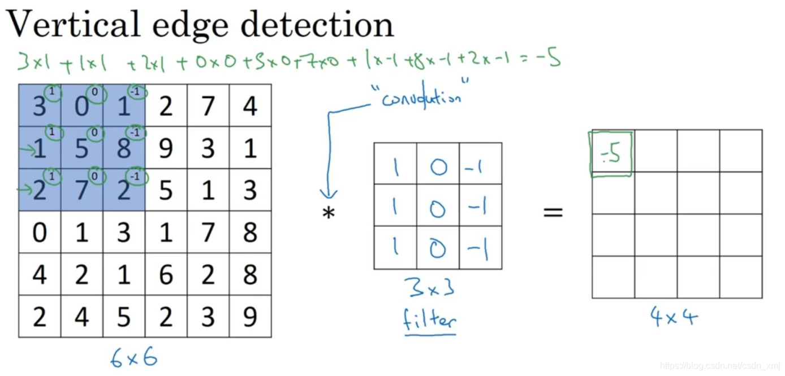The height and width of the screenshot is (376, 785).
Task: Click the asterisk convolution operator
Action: [x=329, y=214]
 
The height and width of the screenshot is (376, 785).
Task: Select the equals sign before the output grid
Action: [x=553, y=213]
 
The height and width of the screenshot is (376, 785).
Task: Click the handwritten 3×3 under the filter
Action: [x=429, y=289]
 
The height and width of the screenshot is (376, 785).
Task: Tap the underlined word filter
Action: [x=430, y=320]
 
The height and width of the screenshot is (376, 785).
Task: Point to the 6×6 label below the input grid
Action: [x=133, y=357]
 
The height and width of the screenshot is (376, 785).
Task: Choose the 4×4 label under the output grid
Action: [x=674, y=317]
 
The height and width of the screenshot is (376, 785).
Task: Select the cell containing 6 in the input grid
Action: [x=166, y=275]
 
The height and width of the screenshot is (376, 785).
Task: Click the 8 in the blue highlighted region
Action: [x=124, y=149]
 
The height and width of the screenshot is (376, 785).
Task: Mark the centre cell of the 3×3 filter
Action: [x=437, y=209]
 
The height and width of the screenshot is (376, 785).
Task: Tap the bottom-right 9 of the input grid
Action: [x=250, y=317]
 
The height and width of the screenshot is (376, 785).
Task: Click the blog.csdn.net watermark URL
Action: [x=720, y=366]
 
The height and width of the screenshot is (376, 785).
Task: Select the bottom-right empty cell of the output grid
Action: [x=741, y=277]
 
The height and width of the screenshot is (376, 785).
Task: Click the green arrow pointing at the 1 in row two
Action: [x=25, y=149]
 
